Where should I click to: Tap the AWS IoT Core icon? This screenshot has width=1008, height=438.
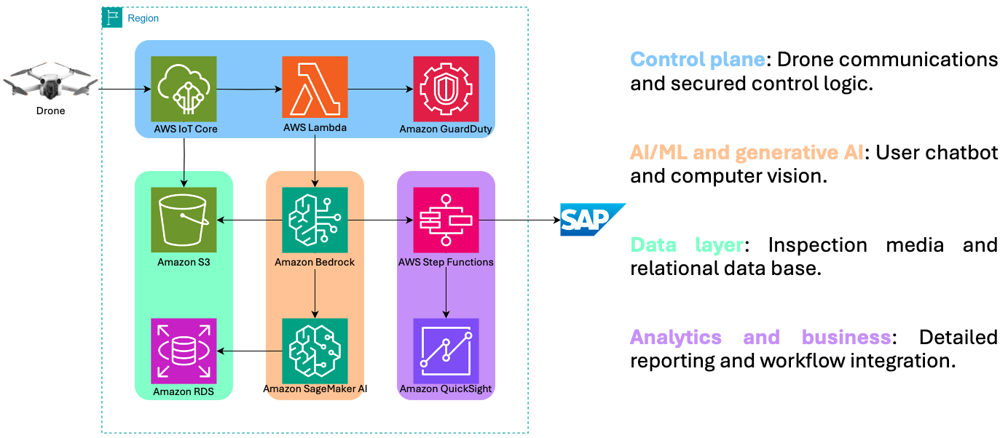(x=184, y=89)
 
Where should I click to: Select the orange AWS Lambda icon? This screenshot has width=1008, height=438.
(x=315, y=89)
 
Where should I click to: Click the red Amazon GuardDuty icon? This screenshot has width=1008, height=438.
(x=446, y=89)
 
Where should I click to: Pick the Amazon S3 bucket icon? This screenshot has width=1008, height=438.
(x=184, y=220)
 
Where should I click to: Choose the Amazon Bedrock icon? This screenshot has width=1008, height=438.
(x=315, y=220)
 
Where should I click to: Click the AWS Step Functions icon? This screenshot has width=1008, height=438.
(x=446, y=220)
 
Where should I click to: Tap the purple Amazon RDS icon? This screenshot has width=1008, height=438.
(x=184, y=351)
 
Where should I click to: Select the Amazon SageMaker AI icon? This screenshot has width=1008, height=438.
(x=315, y=351)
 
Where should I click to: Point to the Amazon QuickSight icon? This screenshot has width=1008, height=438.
(x=446, y=351)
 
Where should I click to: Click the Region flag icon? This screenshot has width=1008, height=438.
(x=111, y=18)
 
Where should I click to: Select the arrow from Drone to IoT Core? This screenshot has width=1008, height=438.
(x=124, y=89)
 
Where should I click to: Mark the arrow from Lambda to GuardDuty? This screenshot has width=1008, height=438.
(x=380, y=89)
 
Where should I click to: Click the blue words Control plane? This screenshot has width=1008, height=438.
(x=697, y=60)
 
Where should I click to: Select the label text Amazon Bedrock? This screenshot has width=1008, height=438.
(x=315, y=262)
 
